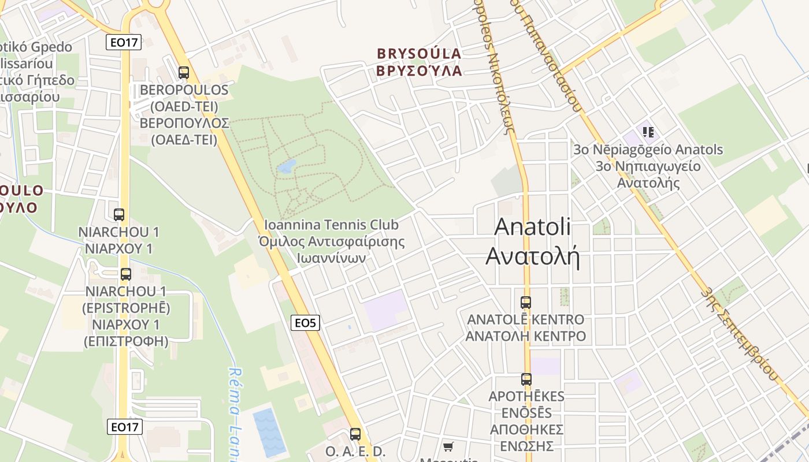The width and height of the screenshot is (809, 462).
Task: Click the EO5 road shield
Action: pos(305,323)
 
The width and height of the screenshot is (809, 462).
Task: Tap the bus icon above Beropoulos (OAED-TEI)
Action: pos(184,73)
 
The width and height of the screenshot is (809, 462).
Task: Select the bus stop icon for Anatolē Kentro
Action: pos(526,302)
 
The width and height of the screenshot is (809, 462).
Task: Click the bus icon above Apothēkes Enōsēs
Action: pos(526,379)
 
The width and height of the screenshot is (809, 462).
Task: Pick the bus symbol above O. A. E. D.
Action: pos(355,434)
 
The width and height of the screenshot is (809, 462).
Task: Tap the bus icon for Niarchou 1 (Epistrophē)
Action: pos(126,274)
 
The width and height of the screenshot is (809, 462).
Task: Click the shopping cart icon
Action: pos(448,446)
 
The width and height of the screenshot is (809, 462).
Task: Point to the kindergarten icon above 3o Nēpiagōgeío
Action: pos(648,132)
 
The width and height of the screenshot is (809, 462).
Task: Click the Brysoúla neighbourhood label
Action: pos(420,62)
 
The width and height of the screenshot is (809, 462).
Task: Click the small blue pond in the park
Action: pos(286,167)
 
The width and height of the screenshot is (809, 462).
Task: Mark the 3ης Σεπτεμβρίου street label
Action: pos(740,334)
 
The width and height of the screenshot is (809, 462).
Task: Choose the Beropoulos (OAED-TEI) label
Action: pos(184,115)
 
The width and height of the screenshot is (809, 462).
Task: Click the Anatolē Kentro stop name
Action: pos(526,327)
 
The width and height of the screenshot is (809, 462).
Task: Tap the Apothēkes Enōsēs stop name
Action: pos(526,421)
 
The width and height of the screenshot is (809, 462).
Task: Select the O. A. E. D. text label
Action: pos(355,451)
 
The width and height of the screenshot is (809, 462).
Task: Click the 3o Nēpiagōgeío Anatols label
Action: pos(648,166)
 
